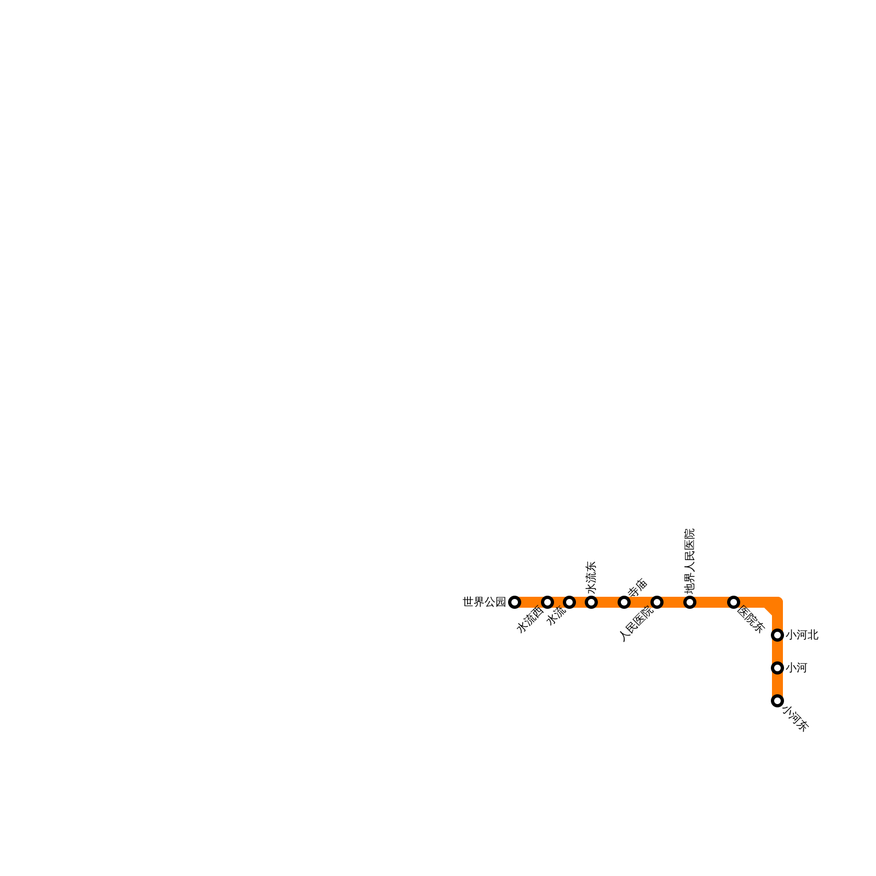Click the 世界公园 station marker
pos(514,602)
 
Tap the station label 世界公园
pos(484,602)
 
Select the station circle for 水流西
pos(547,602)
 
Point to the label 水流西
pos(530,620)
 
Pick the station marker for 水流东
pos(591,602)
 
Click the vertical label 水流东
pos(591,577)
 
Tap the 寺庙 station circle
pos(624,602)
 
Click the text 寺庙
pos(638,588)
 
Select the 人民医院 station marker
pos(657,602)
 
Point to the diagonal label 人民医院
pos(637,625)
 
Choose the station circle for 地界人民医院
pos(690,602)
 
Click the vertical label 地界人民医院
pos(690,561)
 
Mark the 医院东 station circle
pos(734,602)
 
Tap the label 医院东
pos(751,619)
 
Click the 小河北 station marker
pos(777,635)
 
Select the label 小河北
pos(802,635)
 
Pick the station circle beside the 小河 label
pos(777,668)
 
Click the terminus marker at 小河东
pos(777,701)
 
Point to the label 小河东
pos(796,719)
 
